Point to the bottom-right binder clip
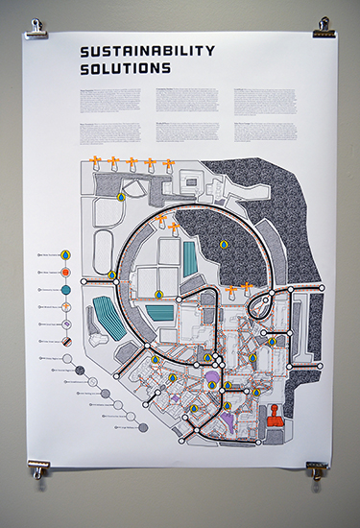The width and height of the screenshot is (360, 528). click(x=316, y=469)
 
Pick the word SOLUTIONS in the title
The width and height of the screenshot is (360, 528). click(x=126, y=69)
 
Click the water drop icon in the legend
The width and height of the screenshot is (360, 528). click(x=64, y=255)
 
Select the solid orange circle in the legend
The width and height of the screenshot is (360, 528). click(x=64, y=272)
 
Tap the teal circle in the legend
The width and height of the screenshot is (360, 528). click(x=64, y=289)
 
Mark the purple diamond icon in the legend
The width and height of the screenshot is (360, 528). click(x=64, y=324)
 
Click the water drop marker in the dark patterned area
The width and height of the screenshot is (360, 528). click(x=224, y=244)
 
